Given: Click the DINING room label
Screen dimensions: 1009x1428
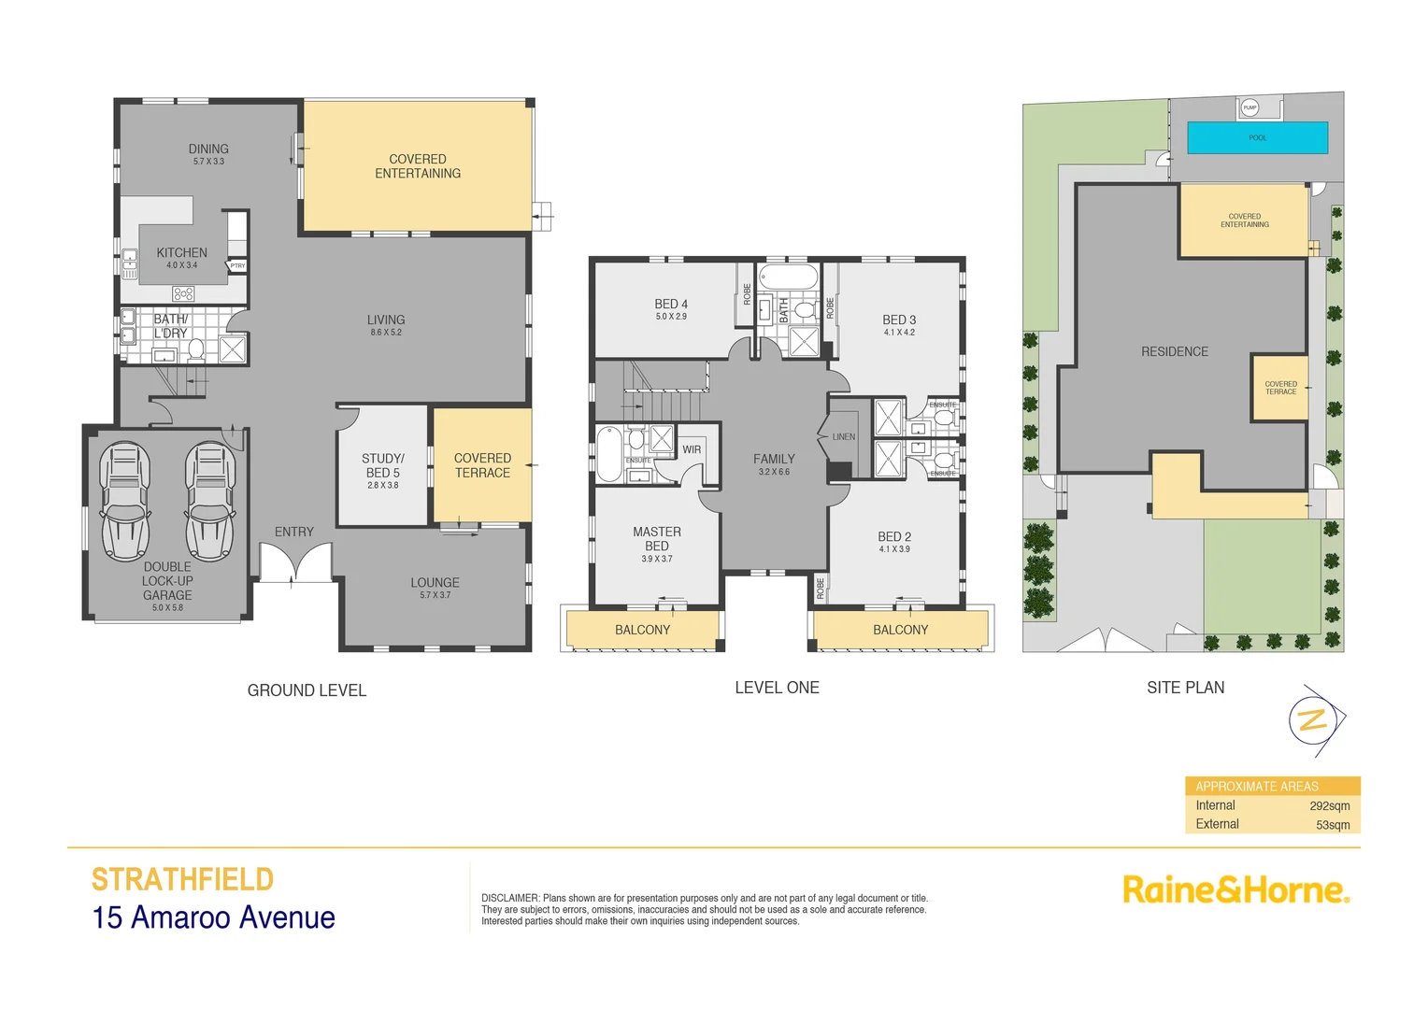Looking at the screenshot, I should (x=208, y=149).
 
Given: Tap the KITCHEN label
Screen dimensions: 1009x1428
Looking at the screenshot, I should (x=182, y=253).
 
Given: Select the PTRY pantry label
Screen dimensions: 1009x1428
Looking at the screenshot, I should (x=237, y=266).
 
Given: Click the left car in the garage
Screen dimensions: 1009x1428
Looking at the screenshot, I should (x=125, y=502).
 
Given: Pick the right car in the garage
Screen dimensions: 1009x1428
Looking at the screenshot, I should (x=209, y=502).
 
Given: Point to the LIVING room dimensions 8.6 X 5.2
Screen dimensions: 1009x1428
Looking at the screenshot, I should (x=386, y=333).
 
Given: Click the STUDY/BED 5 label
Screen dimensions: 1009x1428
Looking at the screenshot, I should (x=383, y=465).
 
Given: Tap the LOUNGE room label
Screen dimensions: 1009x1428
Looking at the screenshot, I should (x=435, y=583).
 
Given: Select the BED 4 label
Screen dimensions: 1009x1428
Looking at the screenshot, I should (x=671, y=305).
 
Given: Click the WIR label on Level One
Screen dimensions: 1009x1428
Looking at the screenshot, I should (x=692, y=449).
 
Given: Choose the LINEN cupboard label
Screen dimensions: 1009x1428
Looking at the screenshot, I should (x=844, y=437).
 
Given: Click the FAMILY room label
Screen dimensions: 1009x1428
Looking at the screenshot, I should (x=774, y=460).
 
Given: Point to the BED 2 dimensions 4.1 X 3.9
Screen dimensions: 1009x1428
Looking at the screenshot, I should (x=894, y=549).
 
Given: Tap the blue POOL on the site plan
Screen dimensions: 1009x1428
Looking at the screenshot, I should (x=1257, y=137).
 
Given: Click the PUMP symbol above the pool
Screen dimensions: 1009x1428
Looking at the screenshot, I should (x=1249, y=107).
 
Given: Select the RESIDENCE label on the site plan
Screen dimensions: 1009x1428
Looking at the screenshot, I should (x=1175, y=352).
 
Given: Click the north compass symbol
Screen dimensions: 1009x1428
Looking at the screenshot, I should (x=1314, y=720).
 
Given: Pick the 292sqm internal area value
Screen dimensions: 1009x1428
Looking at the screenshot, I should (x=1329, y=806).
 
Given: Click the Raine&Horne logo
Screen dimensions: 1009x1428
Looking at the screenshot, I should (x=1235, y=890).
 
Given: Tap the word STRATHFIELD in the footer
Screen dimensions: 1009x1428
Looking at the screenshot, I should (x=182, y=880).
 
